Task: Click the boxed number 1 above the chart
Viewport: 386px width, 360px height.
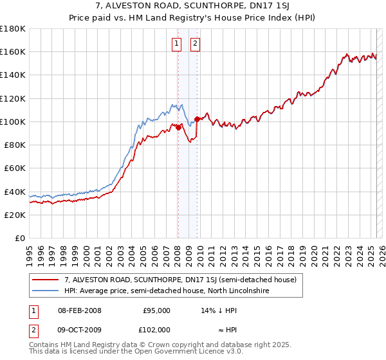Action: [x=176, y=44]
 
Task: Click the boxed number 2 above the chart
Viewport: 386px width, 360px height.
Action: [x=195, y=44]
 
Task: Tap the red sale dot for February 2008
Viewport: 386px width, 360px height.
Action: [x=178, y=127]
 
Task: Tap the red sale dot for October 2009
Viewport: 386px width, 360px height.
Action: [x=197, y=119]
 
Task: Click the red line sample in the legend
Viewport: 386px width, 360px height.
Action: [x=45, y=280]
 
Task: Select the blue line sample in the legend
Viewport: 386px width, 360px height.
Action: [x=45, y=291]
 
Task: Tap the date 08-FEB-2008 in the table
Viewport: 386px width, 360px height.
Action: [x=80, y=310]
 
